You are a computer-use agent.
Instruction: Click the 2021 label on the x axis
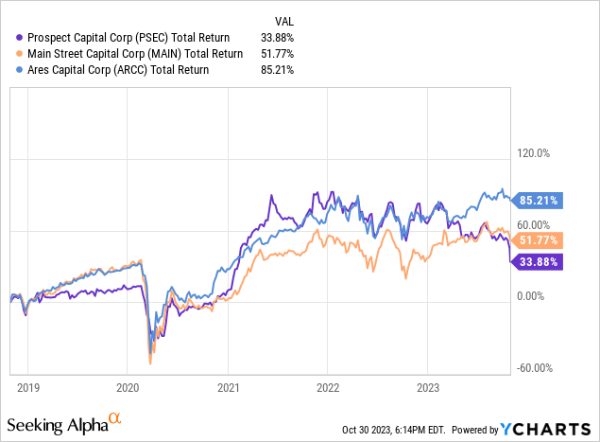(227, 387)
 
